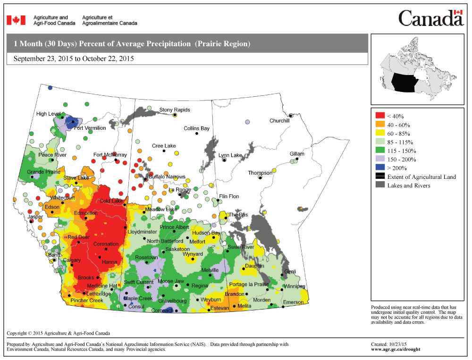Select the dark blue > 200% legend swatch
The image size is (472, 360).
pyautogui.click(x=380, y=168)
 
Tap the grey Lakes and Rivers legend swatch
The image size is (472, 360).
pyautogui.click(x=380, y=185)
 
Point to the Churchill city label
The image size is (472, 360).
pyautogui.click(x=279, y=121)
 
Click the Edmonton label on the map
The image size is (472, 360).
pyautogui.click(x=86, y=213)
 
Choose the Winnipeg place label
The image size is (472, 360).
pyautogui.click(x=294, y=286)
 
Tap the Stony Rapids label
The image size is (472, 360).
pyautogui.click(x=174, y=110)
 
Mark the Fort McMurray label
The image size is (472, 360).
pyautogui.click(x=110, y=155)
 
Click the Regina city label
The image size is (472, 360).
pyautogui.click(x=200, y=285)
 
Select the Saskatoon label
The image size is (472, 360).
pyautogui.click(x=177, y=249)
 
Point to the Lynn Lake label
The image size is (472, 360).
pyautogui.click(x=230, y=155)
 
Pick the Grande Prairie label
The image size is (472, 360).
pyautogui.click(x=43, y=172)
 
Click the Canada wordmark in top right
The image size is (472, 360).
pyautogui.click(x=430, y=18)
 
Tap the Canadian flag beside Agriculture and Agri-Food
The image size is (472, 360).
pyautogui.click(x=16, y=20)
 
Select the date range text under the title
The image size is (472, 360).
pyautogui.click(x=74, y=59)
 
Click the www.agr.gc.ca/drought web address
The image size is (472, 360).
pyautogui.click(x=396, y=350)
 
